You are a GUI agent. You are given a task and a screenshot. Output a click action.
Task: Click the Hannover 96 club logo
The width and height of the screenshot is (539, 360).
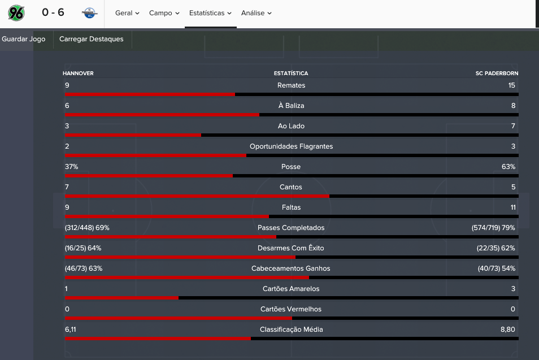(16, 13)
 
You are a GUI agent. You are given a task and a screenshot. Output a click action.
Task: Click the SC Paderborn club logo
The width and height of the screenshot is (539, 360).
(90, 13)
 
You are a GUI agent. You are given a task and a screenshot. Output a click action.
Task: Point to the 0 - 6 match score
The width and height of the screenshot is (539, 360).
(53, 12)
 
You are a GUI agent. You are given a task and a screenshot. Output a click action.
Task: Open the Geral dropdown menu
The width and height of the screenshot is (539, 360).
(127, 13)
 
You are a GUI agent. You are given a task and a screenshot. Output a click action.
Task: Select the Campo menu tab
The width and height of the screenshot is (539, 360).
(164, 13)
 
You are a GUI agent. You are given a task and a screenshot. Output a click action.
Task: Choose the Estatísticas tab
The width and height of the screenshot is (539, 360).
(210, 13)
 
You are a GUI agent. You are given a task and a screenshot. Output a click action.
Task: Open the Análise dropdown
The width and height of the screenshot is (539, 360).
(256, 13)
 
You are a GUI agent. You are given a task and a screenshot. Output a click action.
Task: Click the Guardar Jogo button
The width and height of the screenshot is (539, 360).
(23, 39)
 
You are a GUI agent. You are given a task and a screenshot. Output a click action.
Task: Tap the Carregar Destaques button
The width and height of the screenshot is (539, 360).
(92, 39)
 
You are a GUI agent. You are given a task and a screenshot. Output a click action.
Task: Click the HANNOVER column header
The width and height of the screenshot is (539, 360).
(78, 73)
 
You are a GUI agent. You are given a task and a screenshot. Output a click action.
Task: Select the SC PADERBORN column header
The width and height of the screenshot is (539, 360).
(497, 73)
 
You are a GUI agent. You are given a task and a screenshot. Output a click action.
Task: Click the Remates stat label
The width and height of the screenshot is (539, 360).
(291, 85)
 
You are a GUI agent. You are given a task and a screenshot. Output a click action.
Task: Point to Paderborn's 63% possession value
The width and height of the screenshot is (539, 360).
(508, 167)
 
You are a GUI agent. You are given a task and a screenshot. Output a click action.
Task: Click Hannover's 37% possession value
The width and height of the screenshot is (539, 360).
(72, 167)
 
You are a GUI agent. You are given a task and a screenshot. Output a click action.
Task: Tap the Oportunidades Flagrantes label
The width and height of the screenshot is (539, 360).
(291, 146)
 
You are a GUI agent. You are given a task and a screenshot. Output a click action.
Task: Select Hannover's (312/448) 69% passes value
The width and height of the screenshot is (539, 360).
(87, 228)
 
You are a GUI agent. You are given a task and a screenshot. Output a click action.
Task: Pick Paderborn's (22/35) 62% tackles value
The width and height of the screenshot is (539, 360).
(495, 248)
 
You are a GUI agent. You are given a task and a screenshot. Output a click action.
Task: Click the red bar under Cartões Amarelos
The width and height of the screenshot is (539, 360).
(121, 298)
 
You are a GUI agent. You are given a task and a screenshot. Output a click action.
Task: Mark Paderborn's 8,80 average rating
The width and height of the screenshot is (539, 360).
(508, 329)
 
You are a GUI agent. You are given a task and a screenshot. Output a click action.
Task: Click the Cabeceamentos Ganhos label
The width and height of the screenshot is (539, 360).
(291, 268)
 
